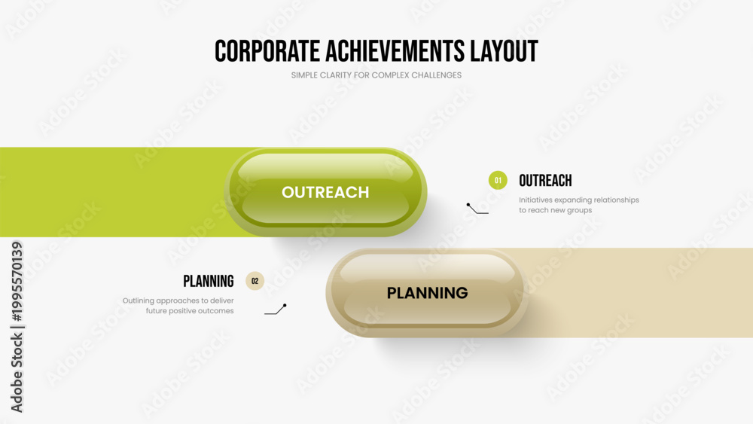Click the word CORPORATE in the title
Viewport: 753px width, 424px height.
click(x=267, y=51)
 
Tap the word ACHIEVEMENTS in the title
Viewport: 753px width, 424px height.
click(x=395, y=51)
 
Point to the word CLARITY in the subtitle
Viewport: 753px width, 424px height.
click(x=335, y=75)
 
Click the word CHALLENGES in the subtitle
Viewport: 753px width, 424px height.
click(x=436, y=75)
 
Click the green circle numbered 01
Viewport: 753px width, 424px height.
click(x=498, y=181)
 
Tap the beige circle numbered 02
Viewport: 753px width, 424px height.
click(x=255, y=281)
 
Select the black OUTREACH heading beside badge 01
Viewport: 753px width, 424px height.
click(x=545, y=181)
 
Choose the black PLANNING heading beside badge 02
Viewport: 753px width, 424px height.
click(x=209, y=282)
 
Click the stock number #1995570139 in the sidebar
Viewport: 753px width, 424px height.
click(x=17, y=282)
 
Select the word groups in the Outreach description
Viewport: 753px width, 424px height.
click(x=580, y=210)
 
